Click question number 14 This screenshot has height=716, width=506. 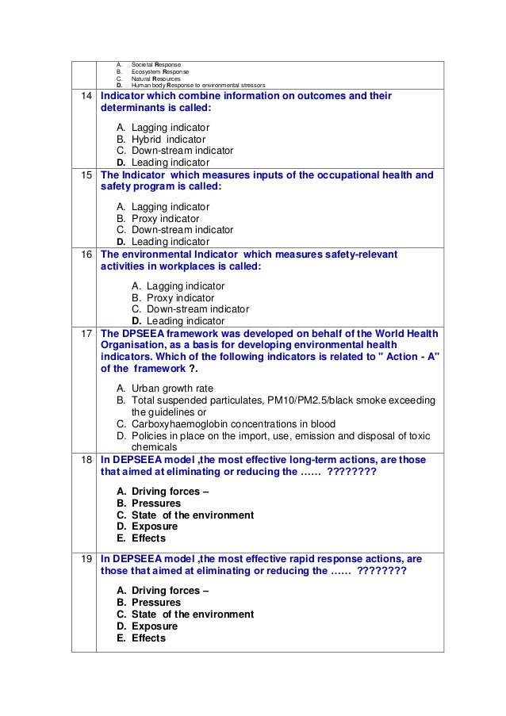83,97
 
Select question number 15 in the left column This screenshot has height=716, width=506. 83,175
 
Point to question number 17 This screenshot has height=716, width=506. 83,333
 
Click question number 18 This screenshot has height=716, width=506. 83,461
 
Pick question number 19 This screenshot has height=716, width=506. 83,559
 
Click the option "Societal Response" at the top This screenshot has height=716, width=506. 156,63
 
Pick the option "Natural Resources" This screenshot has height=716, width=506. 156,78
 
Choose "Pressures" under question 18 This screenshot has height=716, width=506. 156,503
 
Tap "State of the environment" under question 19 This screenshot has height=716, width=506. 192,615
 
